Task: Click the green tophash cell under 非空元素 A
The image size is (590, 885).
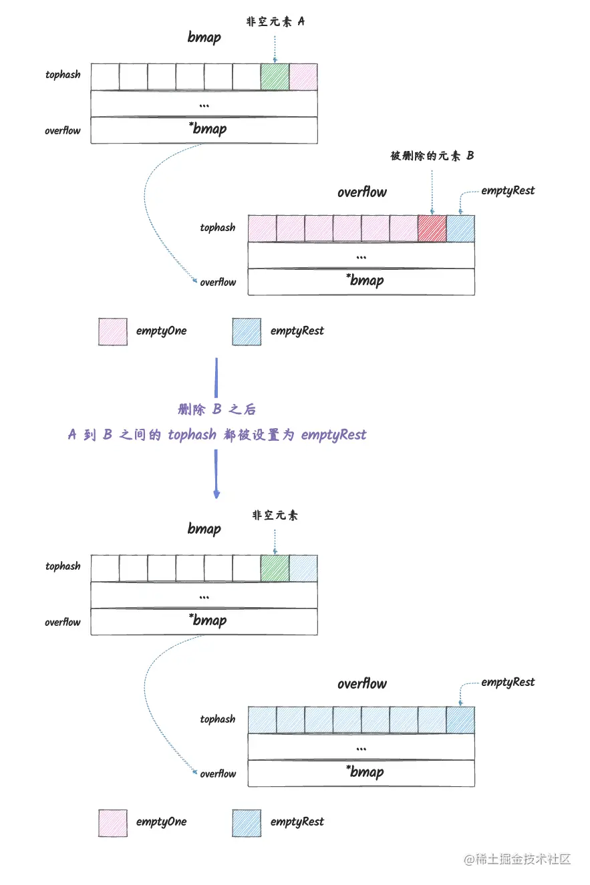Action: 275,77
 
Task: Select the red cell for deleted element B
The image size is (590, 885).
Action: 432,228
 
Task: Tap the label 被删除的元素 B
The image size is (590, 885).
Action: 432,156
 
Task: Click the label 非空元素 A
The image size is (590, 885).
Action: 275,21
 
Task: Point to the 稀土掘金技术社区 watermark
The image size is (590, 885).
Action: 517,858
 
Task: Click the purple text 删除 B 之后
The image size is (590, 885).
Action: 216,409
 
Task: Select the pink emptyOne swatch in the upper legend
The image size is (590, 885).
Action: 113,331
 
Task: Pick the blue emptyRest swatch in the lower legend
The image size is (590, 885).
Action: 247,822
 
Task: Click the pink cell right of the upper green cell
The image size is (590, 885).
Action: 303,77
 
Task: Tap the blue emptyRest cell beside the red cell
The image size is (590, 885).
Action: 460,228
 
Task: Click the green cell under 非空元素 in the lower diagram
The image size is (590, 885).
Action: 275,568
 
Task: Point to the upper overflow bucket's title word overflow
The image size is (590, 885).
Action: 361,192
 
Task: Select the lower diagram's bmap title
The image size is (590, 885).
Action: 204,529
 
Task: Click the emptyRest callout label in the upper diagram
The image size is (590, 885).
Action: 508,190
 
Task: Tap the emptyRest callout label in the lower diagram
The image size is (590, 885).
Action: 508,682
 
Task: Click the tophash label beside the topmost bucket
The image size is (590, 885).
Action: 63,75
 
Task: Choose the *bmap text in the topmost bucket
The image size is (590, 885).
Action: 207,129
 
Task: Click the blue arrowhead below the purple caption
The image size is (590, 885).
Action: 216,494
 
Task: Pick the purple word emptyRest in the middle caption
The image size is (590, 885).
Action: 333,435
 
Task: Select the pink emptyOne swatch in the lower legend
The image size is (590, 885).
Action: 113,822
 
